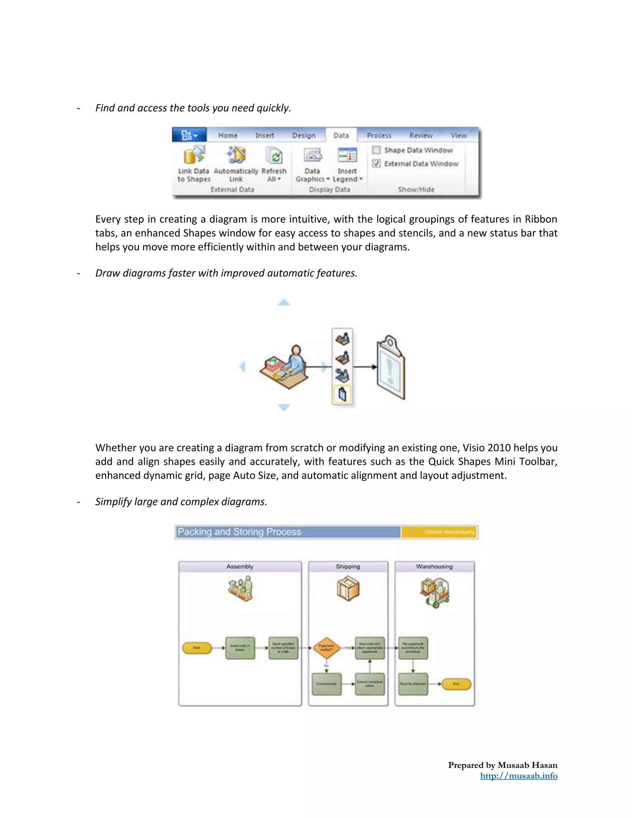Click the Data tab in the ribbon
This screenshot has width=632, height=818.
coord(341,135)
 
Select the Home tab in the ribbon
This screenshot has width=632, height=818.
coord(228,135)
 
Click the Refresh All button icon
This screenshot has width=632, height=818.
coord(274,156)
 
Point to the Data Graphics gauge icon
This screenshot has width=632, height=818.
coord(313,155)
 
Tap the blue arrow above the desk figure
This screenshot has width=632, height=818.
coord(284,302)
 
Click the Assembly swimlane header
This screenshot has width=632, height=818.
coord(239,566)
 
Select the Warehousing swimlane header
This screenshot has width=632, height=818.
coord(434,566)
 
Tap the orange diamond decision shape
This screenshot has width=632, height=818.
coord(326,648)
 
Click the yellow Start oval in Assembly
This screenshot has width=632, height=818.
coord(197,648)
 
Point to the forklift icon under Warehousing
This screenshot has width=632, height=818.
coord(435,592)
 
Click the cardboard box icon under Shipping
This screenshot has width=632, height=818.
coord(348,588)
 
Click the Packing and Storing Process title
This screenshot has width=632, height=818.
coord(239,532)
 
